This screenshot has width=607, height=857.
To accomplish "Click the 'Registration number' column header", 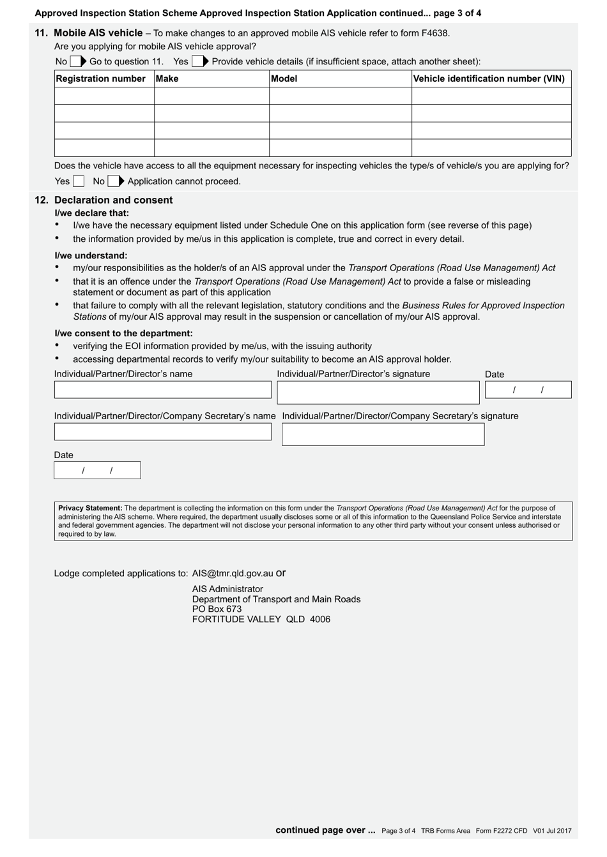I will pos(101,78).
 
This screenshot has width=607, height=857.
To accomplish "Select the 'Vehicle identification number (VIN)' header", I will pos(489,78).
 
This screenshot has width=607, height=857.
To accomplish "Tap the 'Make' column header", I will pos(167,78).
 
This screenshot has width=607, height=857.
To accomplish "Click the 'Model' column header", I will pos(284,78).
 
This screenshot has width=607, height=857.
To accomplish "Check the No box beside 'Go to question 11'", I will pos(75,62).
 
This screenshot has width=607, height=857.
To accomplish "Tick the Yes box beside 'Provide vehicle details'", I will pos(197,62).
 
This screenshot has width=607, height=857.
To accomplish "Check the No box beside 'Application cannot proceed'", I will pos(113,181).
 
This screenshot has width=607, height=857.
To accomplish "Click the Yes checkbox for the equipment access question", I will pos(78,181).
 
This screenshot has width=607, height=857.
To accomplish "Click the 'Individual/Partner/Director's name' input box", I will pos(162,390).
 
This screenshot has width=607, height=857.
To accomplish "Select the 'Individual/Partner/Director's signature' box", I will pos(378,392).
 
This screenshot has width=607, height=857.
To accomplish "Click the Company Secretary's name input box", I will pos(162,432).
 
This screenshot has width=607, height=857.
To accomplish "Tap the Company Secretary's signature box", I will pos(383,435).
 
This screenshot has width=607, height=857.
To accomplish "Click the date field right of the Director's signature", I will pos(528,390).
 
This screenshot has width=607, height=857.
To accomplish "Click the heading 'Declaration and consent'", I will pos(113,200).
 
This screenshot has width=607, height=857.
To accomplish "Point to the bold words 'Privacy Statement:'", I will pos(90,508).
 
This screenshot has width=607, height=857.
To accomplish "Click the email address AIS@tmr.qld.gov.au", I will pos(233,573).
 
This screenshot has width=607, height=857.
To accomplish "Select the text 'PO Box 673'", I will pos(217,609).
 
